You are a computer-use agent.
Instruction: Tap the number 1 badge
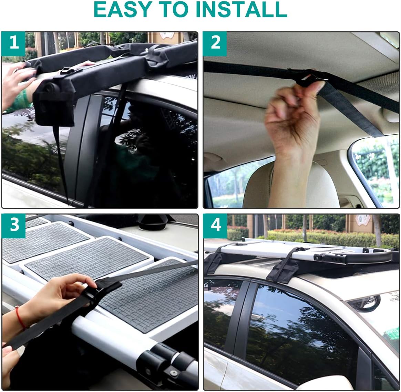(x=14, y=43)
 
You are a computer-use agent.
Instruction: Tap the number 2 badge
(x=215, y=43)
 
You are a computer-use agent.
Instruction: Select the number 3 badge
(x=14, y=225)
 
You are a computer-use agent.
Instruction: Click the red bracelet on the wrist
(x=20, y=317)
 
